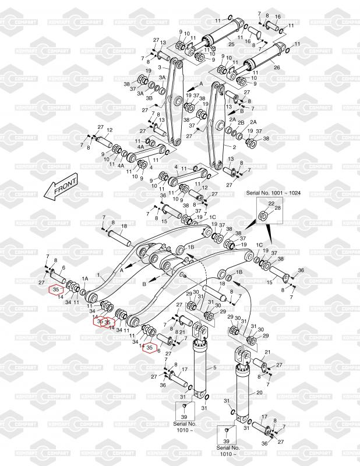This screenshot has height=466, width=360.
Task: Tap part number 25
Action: pos(231,44)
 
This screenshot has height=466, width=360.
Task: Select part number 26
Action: pos(277,68)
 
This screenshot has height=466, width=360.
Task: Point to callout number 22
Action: pos(271,203)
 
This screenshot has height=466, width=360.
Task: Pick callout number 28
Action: pos(277,208)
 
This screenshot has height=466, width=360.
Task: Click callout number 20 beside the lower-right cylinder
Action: pos(259,393)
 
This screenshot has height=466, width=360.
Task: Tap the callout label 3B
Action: pos(149,98)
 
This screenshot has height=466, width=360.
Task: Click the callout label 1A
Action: pos(85,279)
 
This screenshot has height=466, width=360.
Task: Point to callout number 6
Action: pos(158,351)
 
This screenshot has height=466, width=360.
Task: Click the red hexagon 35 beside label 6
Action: pos(150,348)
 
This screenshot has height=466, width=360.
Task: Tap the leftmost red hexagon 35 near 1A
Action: pos(56,289)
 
